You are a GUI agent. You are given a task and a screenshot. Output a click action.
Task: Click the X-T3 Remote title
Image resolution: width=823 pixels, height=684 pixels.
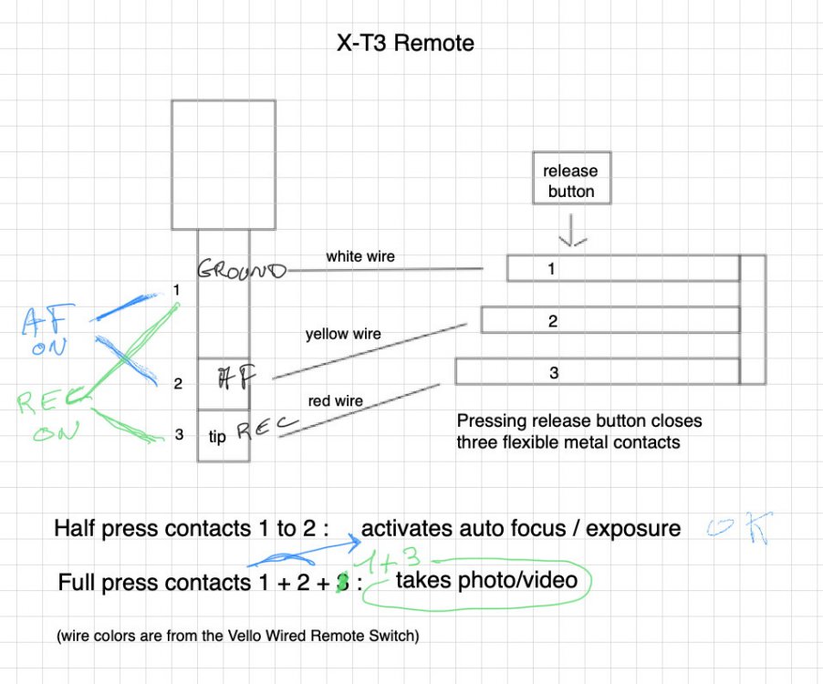pyautogui.click(x=405, y=43)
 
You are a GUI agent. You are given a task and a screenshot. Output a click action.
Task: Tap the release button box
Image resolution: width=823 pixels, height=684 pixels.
pyautogui.click(x=571, y=179)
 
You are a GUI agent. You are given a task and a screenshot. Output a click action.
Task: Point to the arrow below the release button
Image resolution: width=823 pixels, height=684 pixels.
pyautogui.click(x=572, y=230)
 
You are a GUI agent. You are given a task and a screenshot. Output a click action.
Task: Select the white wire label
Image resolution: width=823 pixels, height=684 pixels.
pyautogui.click(x=360, y=256)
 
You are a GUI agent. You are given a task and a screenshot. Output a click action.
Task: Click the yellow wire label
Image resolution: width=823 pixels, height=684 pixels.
pyautogui.click(x=343, y=334)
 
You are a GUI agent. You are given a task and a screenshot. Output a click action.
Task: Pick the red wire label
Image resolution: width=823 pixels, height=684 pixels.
pyautogui.click(x=336, y=401)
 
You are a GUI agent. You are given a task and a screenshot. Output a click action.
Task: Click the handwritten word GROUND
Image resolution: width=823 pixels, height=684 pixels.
pyautogui.click(x=242, y=270)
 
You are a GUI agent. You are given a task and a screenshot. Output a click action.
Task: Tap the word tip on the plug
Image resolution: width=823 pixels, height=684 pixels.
pyautogui.click(x=217, y=437)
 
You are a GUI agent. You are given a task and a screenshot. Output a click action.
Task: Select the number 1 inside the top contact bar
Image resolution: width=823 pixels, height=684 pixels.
pyautogui.click(x=551, y=269)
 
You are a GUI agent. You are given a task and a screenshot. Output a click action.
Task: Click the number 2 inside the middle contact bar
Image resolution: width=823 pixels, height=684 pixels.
pyautogui.click(x=553, y=321)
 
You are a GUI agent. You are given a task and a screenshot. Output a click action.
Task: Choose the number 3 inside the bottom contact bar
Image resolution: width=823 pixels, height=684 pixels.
pyautogui.click(x=554, y=373)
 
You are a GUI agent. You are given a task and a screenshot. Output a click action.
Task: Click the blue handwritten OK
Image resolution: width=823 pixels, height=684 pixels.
pyautogui.click(x=740, y=527)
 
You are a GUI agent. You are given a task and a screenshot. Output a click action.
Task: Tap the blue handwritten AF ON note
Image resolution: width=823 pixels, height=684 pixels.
pyautogui.click(x=47, y=330)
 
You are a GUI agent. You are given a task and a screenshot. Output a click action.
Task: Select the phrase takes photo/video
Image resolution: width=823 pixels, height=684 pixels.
pyautogui.click(x=486, y=580)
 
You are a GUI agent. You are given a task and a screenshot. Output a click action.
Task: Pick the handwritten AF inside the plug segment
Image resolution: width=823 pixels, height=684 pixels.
pyautogui.click(x=236, y=378)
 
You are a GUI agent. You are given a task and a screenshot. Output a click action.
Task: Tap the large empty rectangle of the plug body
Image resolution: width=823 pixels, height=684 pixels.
pyautogui.click(x=224, y=165)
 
